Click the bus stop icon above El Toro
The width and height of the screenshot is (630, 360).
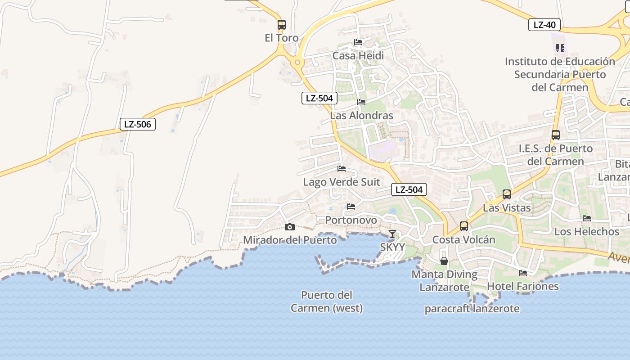pos(282,25)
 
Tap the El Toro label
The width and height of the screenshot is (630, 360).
pos(282,38)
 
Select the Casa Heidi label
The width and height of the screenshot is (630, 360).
pos(358,56)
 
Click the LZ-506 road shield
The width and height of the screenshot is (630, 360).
pos(138,124)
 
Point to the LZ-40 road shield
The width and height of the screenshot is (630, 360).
pos(544,25)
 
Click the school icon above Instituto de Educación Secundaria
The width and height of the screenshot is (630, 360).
pos(560,48)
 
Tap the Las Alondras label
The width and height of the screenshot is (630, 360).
pos(361,116)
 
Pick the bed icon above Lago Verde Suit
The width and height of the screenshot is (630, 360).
pos(342,169)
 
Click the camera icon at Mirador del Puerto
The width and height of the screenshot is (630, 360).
pos(290,227)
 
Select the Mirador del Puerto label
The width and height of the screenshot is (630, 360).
pos(290,240)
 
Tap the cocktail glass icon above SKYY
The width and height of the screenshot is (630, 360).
pos(392,234)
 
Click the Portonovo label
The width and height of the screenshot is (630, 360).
pos(351,220)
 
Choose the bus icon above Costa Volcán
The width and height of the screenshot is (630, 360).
pos(464,226)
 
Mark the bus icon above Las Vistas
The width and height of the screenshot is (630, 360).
pos(507,194)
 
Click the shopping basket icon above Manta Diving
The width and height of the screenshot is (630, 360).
pos(444,261)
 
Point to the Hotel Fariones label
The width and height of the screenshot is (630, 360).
pos(523,286)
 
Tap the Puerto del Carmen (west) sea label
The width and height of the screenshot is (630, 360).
pos(327,301)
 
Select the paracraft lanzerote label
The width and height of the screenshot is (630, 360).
pos(472,309)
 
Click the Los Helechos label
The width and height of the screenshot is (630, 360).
pos(587,232)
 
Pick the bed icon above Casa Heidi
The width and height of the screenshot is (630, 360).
pos(358,42)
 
